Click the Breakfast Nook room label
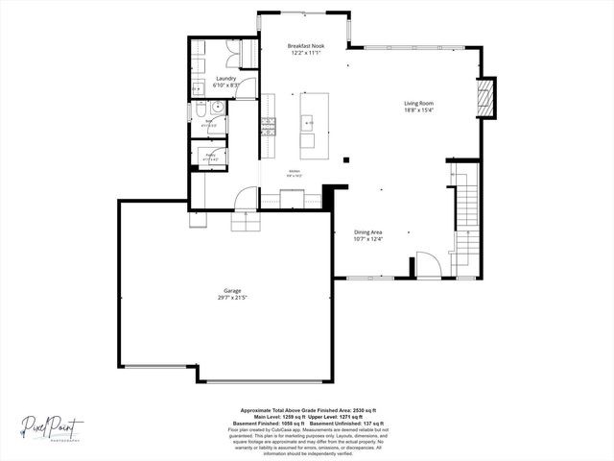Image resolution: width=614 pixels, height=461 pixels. point(306,46)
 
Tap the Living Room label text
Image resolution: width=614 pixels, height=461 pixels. point(418,103)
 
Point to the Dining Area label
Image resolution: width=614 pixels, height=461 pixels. point(368,231)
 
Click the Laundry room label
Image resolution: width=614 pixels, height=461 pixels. point(225,79)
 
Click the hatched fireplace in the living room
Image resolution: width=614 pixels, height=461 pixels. point(487,98)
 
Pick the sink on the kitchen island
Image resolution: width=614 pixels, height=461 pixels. point(308,122)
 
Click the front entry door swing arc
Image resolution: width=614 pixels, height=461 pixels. point(427,265)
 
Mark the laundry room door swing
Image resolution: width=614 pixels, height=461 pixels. point(247,89)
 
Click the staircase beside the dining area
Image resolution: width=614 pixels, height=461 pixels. point(464,216)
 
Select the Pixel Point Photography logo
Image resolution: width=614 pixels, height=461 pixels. point(54,425)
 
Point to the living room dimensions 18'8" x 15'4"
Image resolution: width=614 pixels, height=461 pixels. point(418,110)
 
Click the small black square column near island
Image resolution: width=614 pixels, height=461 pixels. point(346,159)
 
